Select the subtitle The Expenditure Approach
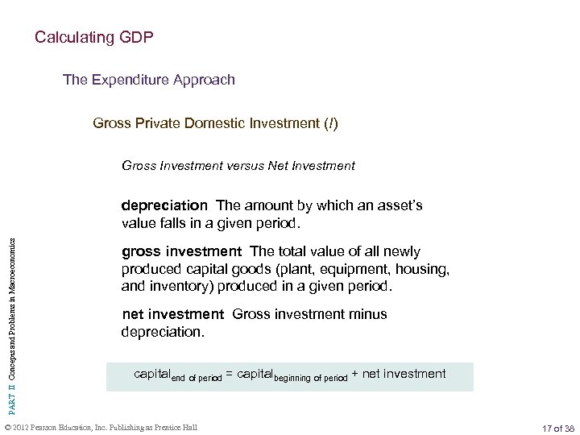(149, 80)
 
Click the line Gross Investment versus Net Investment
(238, 166)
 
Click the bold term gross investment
(172, 251)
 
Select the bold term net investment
(172, 313)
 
